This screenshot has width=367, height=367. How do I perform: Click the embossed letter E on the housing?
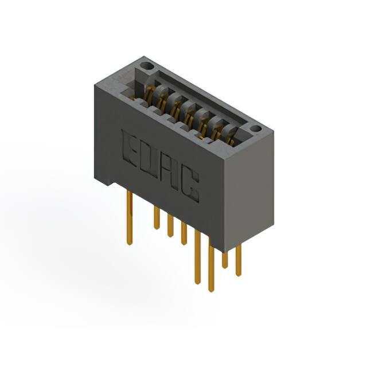130,149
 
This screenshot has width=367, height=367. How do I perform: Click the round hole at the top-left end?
148,66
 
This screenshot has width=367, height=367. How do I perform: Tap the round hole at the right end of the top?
256,129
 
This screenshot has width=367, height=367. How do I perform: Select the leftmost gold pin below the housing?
130,217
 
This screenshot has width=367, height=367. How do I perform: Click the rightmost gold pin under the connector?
239,260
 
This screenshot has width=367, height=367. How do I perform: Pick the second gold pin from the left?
157,217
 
